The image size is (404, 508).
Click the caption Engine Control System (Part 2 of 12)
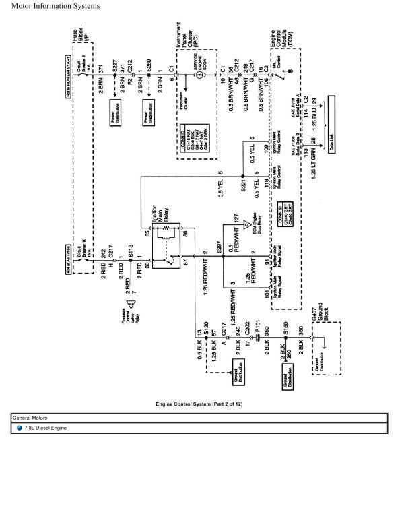(202, 403)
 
